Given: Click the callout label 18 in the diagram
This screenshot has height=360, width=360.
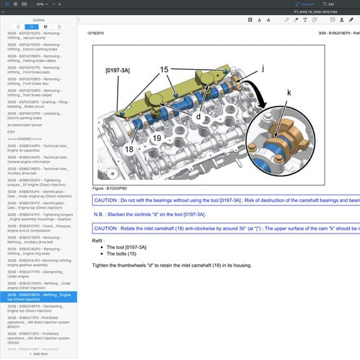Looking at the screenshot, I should click(129, 149).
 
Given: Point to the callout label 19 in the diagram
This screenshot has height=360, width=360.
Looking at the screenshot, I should click(157, 138).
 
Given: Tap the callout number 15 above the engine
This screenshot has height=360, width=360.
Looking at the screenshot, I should click(164, 70).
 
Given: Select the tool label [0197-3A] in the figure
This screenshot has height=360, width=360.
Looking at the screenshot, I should click(118, 70).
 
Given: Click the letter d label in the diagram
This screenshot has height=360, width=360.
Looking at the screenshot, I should click(199, 116).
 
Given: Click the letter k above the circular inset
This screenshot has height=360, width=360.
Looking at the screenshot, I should click(288, 92).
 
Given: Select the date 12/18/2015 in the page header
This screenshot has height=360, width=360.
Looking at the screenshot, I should click(95, 32).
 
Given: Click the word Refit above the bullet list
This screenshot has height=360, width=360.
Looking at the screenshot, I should click(98, 240).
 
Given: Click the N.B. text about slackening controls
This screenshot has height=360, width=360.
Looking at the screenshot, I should click(149, 214).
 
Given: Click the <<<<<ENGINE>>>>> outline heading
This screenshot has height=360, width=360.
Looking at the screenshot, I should click(25, 139).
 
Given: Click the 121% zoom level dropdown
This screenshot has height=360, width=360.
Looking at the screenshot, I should click(40, 4).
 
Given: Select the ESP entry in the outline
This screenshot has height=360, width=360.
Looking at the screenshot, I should click(11, 132).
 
